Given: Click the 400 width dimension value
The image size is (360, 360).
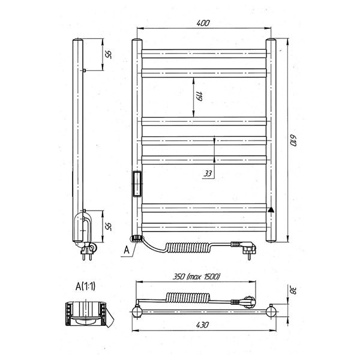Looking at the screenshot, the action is [x=203, y=23].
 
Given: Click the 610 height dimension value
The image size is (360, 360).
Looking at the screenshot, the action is [x=293, y=140].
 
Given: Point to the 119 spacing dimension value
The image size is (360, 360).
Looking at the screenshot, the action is [x=199, y=97].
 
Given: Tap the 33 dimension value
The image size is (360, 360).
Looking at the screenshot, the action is [x=208, y=173].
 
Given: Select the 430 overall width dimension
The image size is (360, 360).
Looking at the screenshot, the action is [x=203, y=325].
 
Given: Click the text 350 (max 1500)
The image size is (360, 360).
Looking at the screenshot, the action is [x=196, y=277].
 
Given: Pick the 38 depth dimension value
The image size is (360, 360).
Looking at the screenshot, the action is [x=293, y=290].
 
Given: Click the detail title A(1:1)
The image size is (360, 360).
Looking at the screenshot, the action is [x=85, y=286].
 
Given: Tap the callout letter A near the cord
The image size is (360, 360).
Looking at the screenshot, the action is [x=127, y=250].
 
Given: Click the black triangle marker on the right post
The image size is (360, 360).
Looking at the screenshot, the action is [x=271, y=209].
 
